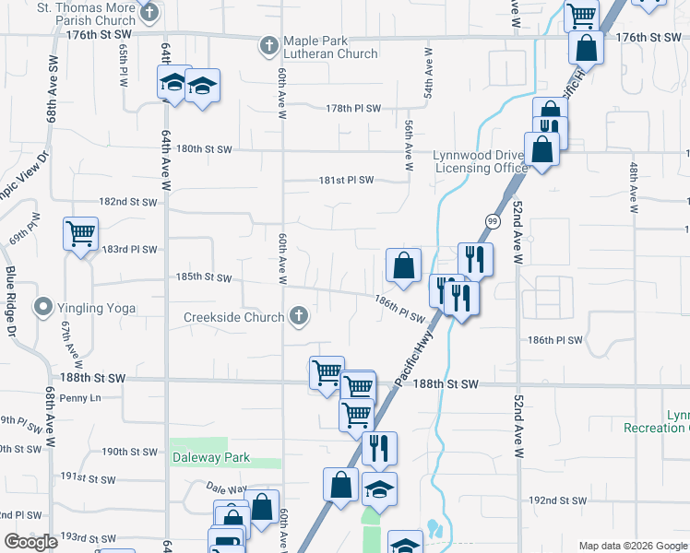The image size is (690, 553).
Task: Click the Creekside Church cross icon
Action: (x=298, y=317)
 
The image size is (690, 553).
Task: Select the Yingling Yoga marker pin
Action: (x=42, y=308)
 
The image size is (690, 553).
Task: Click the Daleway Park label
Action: (x=210, y=456)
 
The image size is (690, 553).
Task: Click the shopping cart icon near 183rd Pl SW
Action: (x=80, y=234)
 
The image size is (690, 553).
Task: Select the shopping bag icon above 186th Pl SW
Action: (x=403, y=266)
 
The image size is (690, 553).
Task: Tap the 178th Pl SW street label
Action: (x=353, y=108)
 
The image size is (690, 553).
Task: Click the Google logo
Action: (x=30, y=542)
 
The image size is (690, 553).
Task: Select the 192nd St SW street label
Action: (x=557, y=500)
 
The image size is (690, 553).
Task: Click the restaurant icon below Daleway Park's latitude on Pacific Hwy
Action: (x=379, y=449)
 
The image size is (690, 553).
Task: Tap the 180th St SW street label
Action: (x=203, y=148)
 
